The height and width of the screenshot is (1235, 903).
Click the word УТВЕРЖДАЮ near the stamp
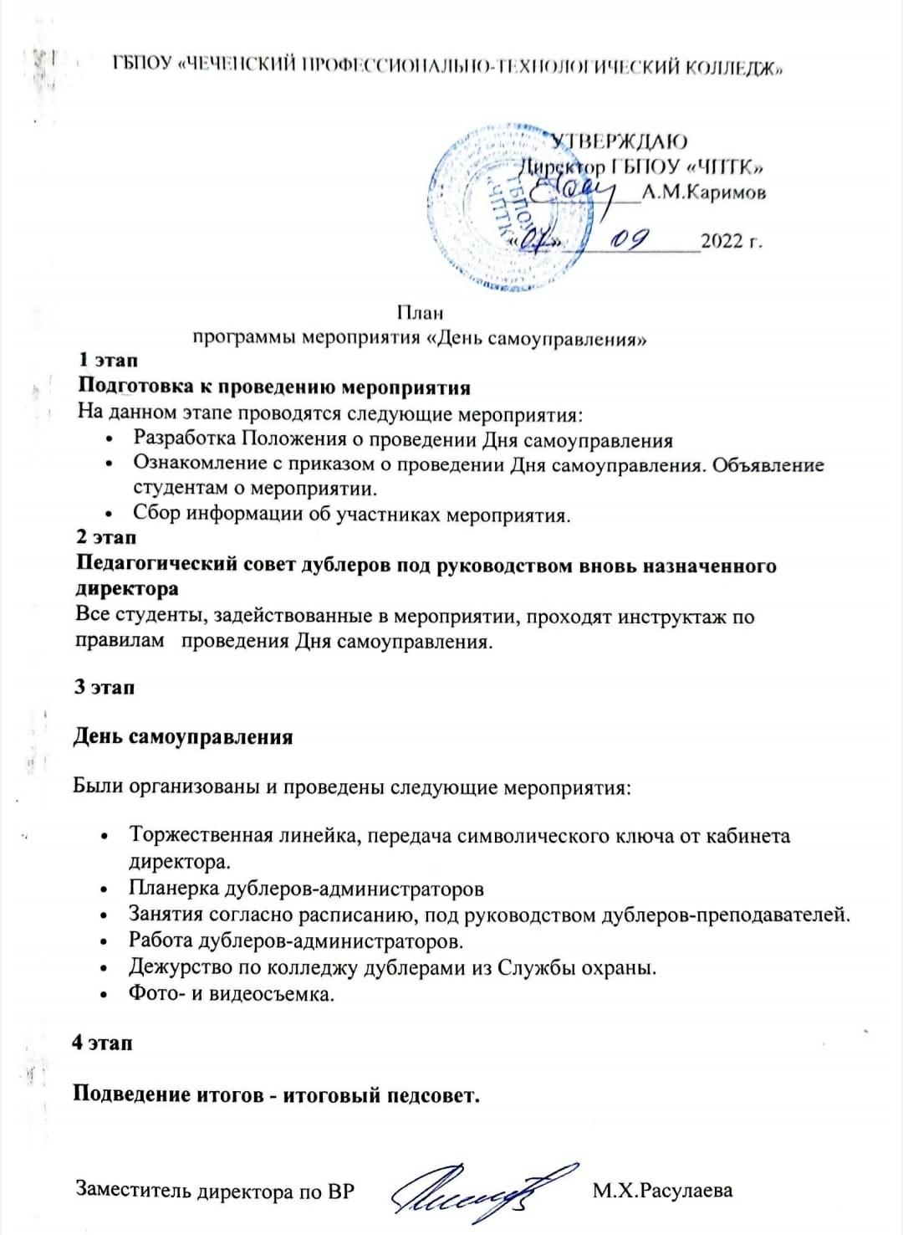(x=619, y=141)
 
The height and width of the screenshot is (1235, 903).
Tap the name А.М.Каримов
(x=703, y=192)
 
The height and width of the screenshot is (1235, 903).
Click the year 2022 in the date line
(x=722, y=241)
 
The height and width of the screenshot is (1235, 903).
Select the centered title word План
(x=420, y=313)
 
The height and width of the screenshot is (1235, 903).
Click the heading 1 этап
(x=108, y=360)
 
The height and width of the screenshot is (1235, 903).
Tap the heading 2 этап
(x=106, y=537)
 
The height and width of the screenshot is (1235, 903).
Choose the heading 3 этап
(x=105, y=687)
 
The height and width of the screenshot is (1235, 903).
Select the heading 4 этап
(x=102, y=1043)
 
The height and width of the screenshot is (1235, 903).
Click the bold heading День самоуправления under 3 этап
(x=183, y=737)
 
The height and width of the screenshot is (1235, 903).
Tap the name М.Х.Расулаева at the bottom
(x=662, y=1190)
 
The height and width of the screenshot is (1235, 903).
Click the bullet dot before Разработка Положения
(x=110, y=441)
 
